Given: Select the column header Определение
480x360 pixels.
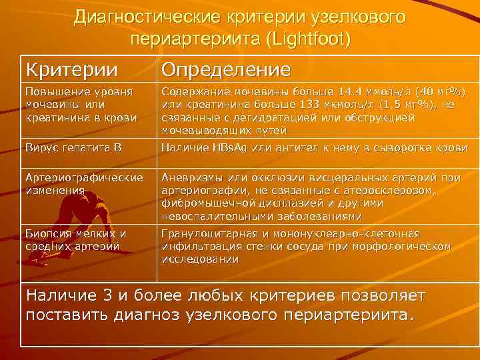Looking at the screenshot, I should click(x=227, y=69).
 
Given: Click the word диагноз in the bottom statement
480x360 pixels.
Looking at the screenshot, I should click(x=147, y=313).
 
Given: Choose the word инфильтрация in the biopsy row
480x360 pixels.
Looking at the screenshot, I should click(x=199, y=247).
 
